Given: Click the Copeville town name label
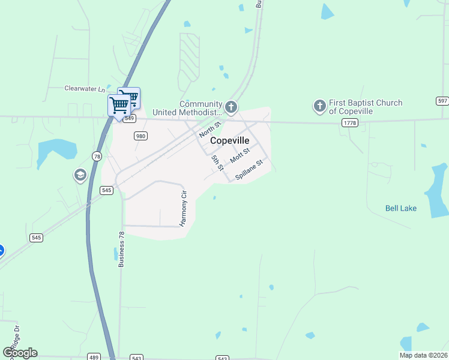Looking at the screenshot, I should coord(229,140).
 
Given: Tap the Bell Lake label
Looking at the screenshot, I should coord(400,209).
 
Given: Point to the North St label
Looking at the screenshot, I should coord(210,128).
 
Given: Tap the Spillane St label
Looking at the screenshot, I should coord(249,170).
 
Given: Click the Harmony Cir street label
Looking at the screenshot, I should coord(184,209).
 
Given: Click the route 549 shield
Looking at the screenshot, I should coord(129,119).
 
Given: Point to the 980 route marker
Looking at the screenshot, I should coord(140,136).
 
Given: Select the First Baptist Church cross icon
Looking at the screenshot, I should coord(319,107).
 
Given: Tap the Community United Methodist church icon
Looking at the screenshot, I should coord(231,107).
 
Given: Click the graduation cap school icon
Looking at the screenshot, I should coord(79,175).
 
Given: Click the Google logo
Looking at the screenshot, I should coord(20,353).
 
